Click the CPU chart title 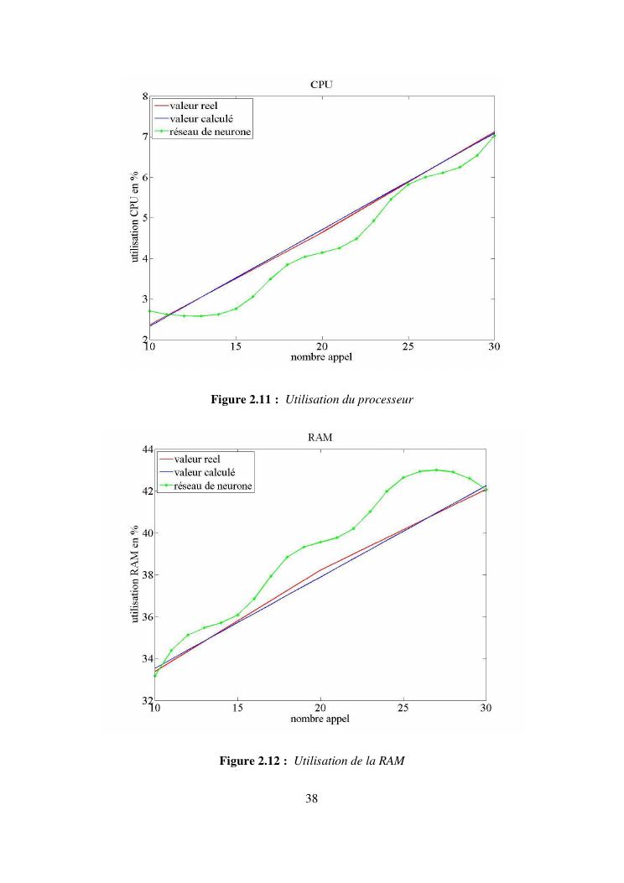(x=323, y=85)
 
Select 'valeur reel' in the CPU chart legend (x=194, y=106)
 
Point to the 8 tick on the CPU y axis (x=145, y=96)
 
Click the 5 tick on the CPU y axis (x=145, y=218)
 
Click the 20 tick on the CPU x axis (x=322, y=347)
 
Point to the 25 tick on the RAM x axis (x=403, y=709)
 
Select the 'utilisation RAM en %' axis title (x=134, y=575)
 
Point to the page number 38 (x=312, y=798)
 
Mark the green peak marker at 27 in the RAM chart (x=436, y=470)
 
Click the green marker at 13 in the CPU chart (x=201, y=316)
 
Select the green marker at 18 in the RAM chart (x=287, y=557)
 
